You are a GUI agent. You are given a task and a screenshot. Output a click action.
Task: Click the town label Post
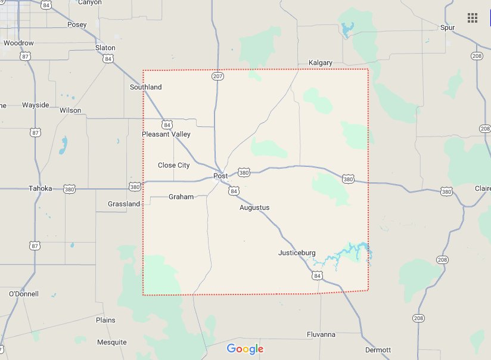coord(220,176)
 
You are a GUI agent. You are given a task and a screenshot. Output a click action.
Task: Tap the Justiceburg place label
coord(297,253)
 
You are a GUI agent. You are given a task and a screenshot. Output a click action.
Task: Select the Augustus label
coord(254,208)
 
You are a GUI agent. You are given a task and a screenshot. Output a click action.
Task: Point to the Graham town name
coord(181,197)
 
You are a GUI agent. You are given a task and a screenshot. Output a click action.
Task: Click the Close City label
coord(174,165)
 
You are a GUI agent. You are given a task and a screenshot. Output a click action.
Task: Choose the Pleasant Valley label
coord(166,135)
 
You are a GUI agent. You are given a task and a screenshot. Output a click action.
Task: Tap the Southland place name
coord(146,88)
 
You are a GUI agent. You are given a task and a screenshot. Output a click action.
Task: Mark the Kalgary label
coord(321,63)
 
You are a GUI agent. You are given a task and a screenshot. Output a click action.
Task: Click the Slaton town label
coord(105,48)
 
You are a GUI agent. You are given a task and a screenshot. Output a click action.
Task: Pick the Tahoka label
coord(41,189)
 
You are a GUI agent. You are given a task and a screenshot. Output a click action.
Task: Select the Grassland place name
coord(124,204)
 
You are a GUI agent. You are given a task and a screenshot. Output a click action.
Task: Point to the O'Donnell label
coord(24,294)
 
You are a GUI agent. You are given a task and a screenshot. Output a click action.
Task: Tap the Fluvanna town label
coord(321,335)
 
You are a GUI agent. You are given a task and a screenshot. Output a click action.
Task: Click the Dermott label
coord(378,350)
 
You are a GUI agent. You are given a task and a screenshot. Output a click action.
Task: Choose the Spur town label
coord(447,28)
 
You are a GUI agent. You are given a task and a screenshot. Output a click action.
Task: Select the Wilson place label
coord(70,111)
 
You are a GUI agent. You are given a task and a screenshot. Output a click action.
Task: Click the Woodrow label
coord(18,44)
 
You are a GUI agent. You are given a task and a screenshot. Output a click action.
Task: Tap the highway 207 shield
coord(217,77)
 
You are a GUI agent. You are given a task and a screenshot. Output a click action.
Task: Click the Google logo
coord(245,349)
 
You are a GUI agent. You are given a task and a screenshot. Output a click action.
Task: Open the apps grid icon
coord(473,18)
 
